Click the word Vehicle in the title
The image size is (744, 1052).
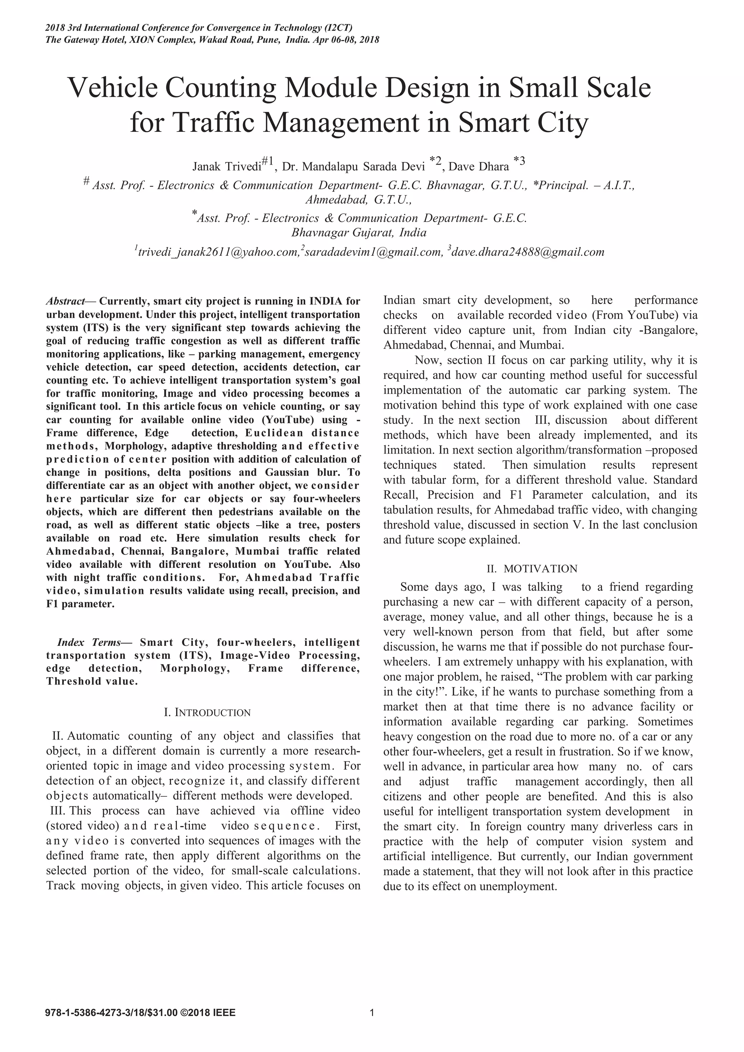113,88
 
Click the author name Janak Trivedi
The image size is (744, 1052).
226,166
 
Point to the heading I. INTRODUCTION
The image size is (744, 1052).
207,712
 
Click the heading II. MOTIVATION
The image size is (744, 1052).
532,569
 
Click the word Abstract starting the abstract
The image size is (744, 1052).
65,302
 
